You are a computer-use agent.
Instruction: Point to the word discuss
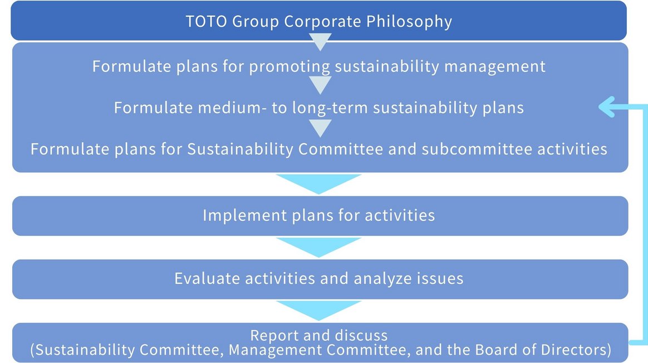click(x=362, y=336)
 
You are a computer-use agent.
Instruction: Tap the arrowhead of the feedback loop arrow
click(x=605, y=108)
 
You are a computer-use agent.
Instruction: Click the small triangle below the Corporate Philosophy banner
click(x=320, y=41)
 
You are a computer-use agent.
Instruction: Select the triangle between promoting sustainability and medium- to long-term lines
click(x=320, y=85)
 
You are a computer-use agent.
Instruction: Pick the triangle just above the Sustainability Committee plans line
click(x=320, y=128)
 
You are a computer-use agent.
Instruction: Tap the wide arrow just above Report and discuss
click(x=319, y=310)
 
